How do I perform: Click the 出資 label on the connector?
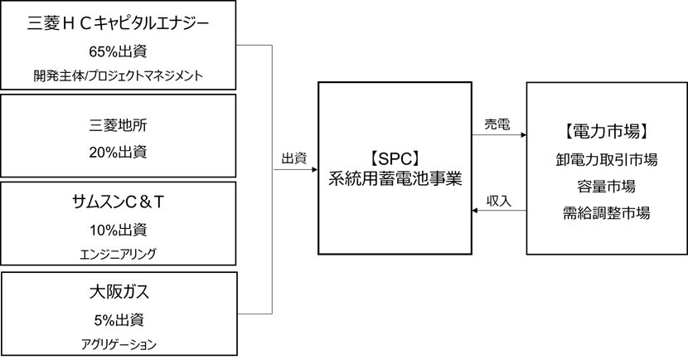(294, 158)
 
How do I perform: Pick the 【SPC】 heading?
(397, 156)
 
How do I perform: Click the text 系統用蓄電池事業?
(397, 178)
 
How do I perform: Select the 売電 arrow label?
(497, 124)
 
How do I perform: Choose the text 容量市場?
(604, 186)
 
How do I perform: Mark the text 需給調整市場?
(604, 212)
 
